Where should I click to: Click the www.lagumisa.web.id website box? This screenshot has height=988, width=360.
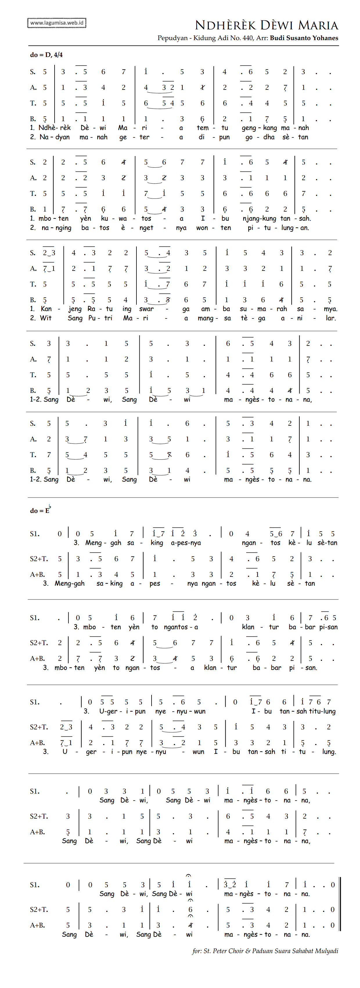pos(57,23)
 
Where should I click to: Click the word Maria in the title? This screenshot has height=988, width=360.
pos(318,25)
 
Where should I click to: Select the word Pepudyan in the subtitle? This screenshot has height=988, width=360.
pos(172,38)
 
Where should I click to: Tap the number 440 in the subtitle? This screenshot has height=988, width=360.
pos(248,38)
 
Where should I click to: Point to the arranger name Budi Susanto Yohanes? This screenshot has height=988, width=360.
pos(304,38)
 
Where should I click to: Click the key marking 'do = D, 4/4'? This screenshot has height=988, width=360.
pos(46,55)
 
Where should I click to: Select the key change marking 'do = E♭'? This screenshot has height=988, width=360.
pos(40,511)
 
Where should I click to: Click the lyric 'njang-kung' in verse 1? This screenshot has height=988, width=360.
pos(259,219)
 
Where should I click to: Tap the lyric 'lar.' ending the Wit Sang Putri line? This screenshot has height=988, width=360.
pos(330,318)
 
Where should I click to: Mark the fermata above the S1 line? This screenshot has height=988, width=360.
pos(189,876)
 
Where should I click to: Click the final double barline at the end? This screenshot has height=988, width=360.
pos(340,903)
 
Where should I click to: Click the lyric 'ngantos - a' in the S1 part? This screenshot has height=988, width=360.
pos(181,627)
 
